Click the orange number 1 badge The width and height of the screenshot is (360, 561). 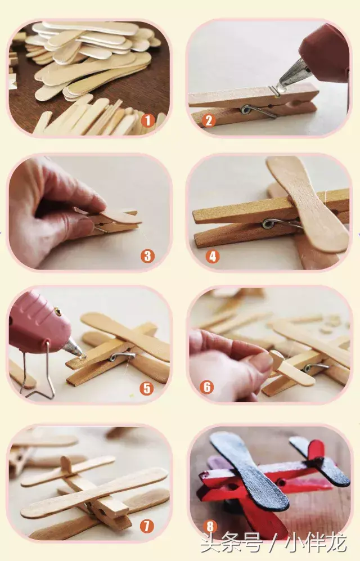coord(147,120)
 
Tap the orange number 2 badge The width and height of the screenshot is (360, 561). coord(209,121)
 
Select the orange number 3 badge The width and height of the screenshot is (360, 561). coord(147,256)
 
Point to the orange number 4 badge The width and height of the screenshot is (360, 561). coord(213,256)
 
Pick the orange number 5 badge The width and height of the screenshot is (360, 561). coord(147,388)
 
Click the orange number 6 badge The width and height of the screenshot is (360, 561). coord(206,387)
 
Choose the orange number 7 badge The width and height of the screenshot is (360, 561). coord(147,526)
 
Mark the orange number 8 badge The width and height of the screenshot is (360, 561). coord(210,526)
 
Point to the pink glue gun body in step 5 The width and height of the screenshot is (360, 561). coord(36,320)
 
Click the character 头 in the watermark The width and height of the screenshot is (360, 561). coord(210,544)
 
